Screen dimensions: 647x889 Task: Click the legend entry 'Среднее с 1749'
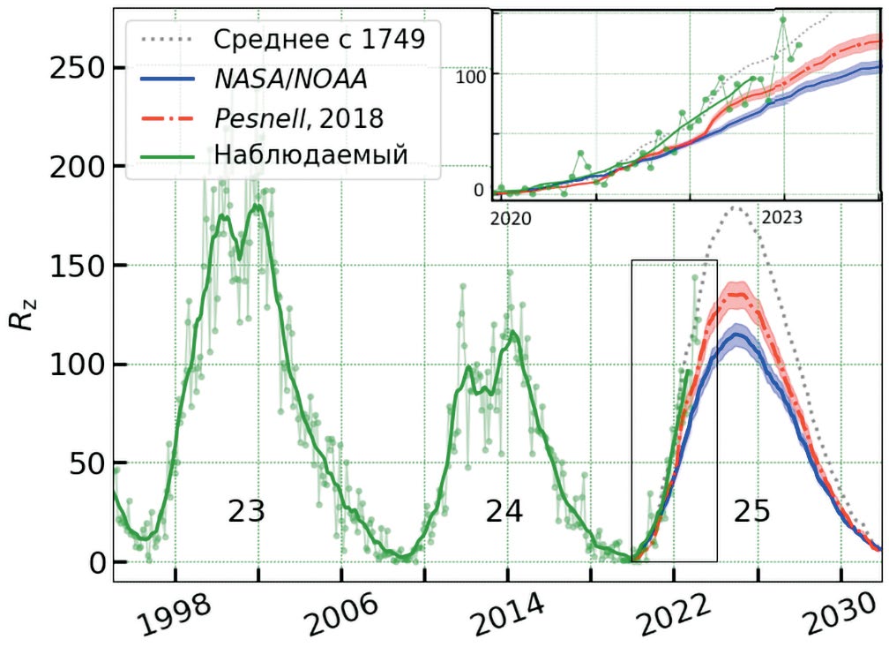[318, 39]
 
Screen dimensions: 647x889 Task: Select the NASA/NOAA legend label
[290, 79]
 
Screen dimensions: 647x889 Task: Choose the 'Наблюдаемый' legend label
[310, 154]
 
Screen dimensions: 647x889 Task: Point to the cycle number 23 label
[246, 512]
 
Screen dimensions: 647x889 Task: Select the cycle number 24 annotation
[504, 512]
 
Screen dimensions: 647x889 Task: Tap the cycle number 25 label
[751, 512]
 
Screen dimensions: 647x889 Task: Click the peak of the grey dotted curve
[734, 208]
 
